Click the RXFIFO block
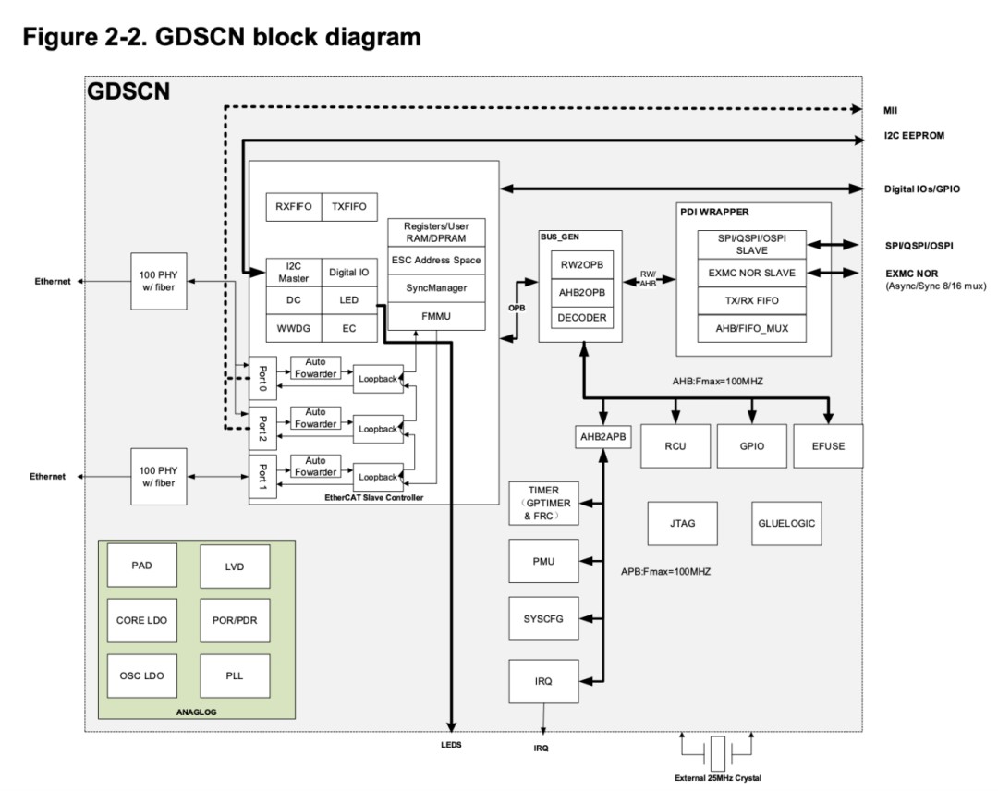(292, 207)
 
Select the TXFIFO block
(349, 207)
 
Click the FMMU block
(435, 316)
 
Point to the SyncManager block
(435, 288)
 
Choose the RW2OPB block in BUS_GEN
(583, 263)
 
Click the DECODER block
(583, 317)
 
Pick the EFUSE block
(828, 446)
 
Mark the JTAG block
(682, 523)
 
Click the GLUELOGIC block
(786, 523)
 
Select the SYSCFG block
(543, 620)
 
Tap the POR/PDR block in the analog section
(235, 621)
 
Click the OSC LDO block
(141, 676)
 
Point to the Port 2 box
(262, 428)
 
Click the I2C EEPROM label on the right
(914, 135)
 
